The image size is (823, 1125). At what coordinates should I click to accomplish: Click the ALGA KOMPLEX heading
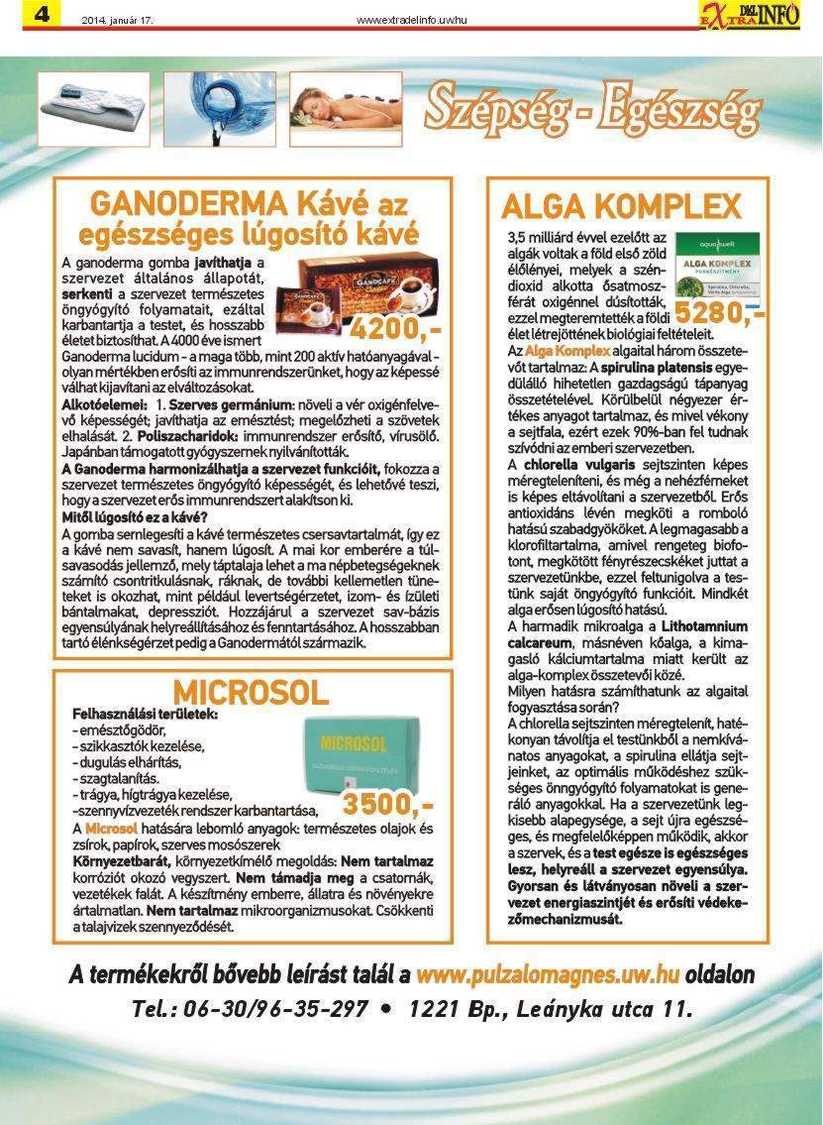point(621,206)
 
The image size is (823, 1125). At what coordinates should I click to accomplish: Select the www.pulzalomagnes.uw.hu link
point(547,974)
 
